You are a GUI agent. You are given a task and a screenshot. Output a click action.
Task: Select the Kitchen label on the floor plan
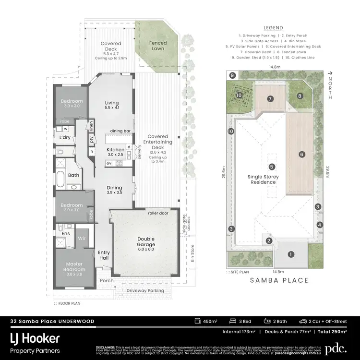[115, 152]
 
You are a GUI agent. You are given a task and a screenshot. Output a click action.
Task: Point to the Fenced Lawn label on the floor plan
[155, 46]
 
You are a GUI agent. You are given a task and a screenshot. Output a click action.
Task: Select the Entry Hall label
[104, 255]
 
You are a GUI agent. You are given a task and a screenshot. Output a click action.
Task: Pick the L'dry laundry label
[65, 138]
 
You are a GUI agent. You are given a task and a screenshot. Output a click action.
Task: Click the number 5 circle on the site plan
[272, 167]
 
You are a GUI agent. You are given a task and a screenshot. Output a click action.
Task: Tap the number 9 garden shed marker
[232, 75]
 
